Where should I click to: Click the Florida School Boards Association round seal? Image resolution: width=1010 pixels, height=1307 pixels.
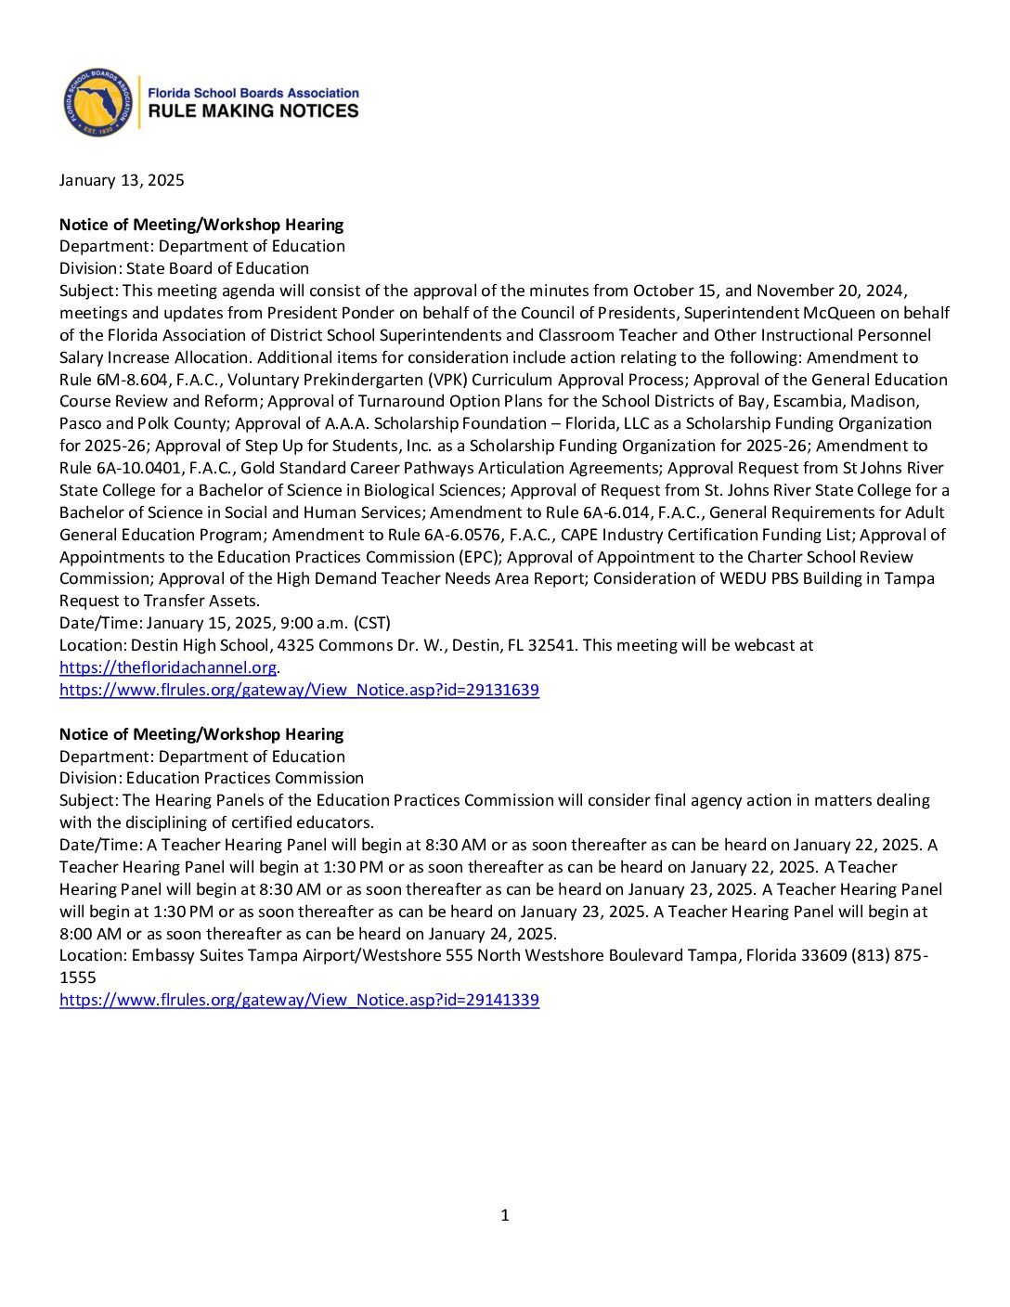(x=97, y=102)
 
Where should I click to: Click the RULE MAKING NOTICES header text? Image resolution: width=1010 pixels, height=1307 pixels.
(x=252, y=111)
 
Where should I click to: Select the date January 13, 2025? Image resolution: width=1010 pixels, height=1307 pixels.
(x=122, y=180)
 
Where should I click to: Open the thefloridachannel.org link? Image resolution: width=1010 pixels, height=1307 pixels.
(x=168, y=667)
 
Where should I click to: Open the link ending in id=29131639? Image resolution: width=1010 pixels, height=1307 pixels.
(x=299, y=690)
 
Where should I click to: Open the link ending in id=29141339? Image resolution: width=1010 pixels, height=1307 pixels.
(x=299, y=1000)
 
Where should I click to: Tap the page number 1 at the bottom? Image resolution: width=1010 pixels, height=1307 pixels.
(x=505, y=1215)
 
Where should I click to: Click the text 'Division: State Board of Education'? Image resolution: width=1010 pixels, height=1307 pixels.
(x=184, y=268)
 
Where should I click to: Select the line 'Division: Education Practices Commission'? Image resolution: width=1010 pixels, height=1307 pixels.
(x=212, y=778)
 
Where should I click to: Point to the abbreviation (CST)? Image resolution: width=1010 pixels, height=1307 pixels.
(x=371, y=623)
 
